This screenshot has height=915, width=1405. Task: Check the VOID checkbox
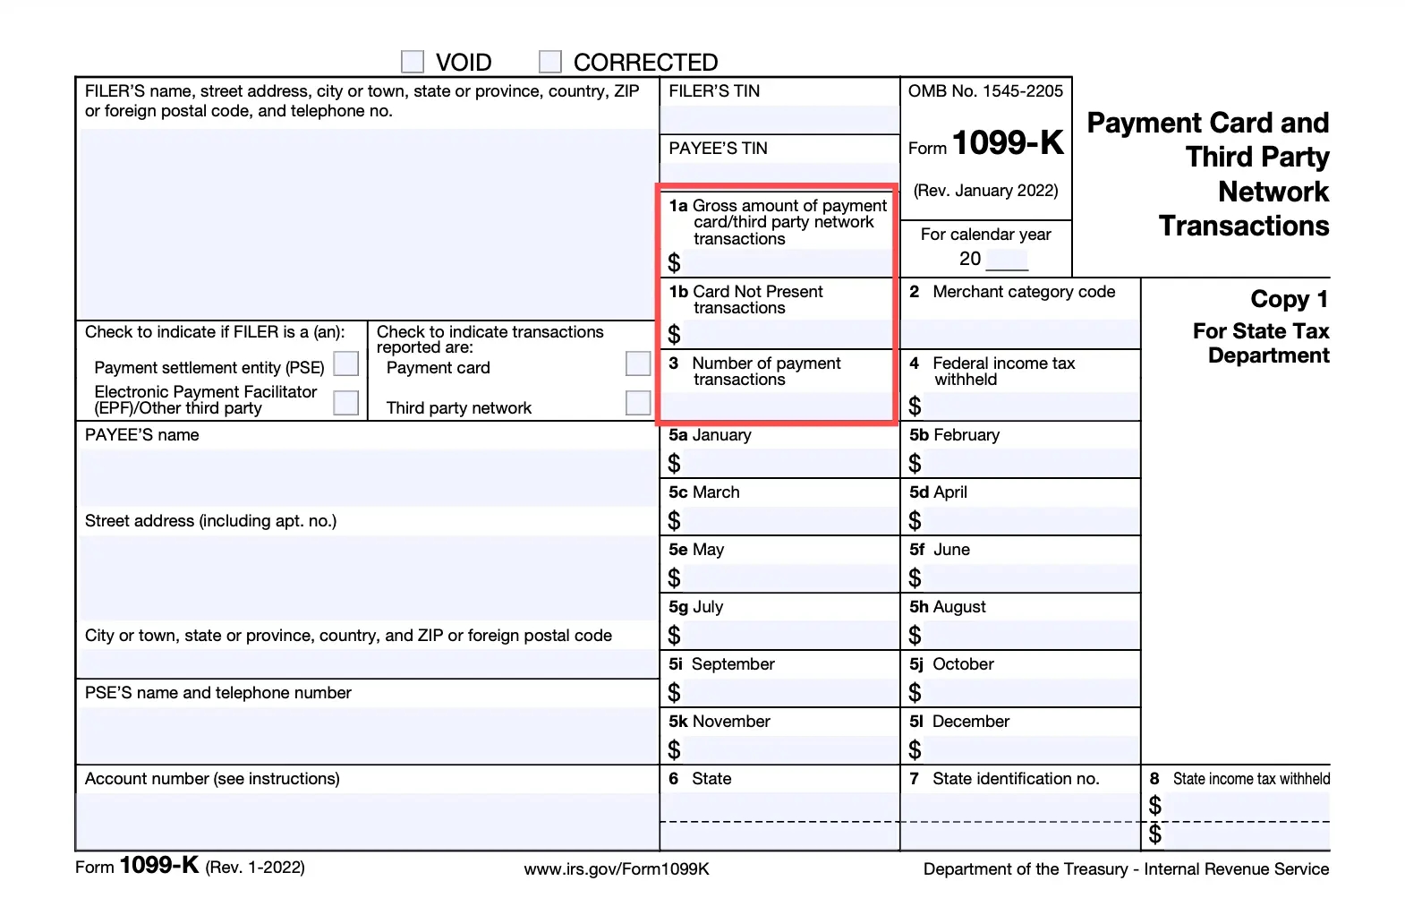[x=413, y=62]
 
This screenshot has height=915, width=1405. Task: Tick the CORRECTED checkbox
[x=550, y=62]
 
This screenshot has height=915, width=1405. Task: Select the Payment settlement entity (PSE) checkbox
[x=345, y=364]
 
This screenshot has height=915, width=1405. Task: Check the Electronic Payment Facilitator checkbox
[x=345, y=403]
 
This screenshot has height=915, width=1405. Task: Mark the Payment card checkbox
[x=638, y=364]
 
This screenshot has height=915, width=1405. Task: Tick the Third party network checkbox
[x=638, y=403]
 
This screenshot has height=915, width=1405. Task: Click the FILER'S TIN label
[x=714, y=91]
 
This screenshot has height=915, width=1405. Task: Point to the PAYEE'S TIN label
[x=718, y=149]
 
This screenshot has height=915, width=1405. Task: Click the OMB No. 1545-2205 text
[x=985, y=91]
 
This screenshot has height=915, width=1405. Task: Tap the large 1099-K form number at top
[x=1008, y=143]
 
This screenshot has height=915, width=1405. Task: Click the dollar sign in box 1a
[x=675, y=263]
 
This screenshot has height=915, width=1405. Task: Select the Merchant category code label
[x=1023, y=292]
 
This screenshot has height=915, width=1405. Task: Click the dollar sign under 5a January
[x=675, y=464]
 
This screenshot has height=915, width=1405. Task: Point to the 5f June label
[x=940, y=550]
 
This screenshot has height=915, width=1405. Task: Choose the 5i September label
[x=721, y=664]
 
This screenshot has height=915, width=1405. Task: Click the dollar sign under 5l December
[x=915, y=750]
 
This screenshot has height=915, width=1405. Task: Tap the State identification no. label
[x=1015, y=779]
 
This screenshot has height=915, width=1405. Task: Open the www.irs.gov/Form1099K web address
[x=617, y=868]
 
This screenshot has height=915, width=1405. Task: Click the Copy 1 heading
[x=1289, y=299]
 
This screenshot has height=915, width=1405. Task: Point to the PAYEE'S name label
[x=142, y=435]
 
